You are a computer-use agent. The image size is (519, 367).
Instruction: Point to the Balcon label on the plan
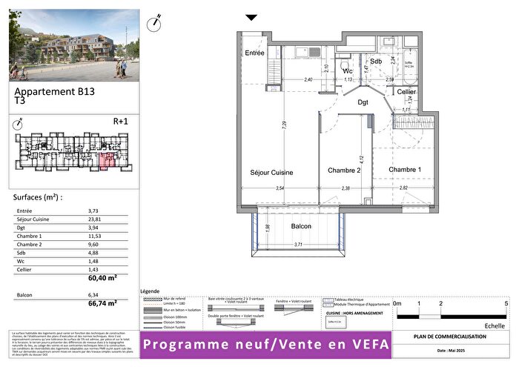301,226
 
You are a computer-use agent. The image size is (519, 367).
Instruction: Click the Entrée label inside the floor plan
255,53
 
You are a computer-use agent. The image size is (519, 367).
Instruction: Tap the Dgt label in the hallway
363,102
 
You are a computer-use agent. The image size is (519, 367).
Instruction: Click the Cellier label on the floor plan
406,91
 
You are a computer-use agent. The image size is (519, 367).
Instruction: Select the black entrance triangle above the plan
251,18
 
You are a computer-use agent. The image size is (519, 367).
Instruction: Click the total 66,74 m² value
104,303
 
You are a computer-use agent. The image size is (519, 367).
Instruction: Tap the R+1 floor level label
120,121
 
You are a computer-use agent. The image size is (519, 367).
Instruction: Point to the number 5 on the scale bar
506,304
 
